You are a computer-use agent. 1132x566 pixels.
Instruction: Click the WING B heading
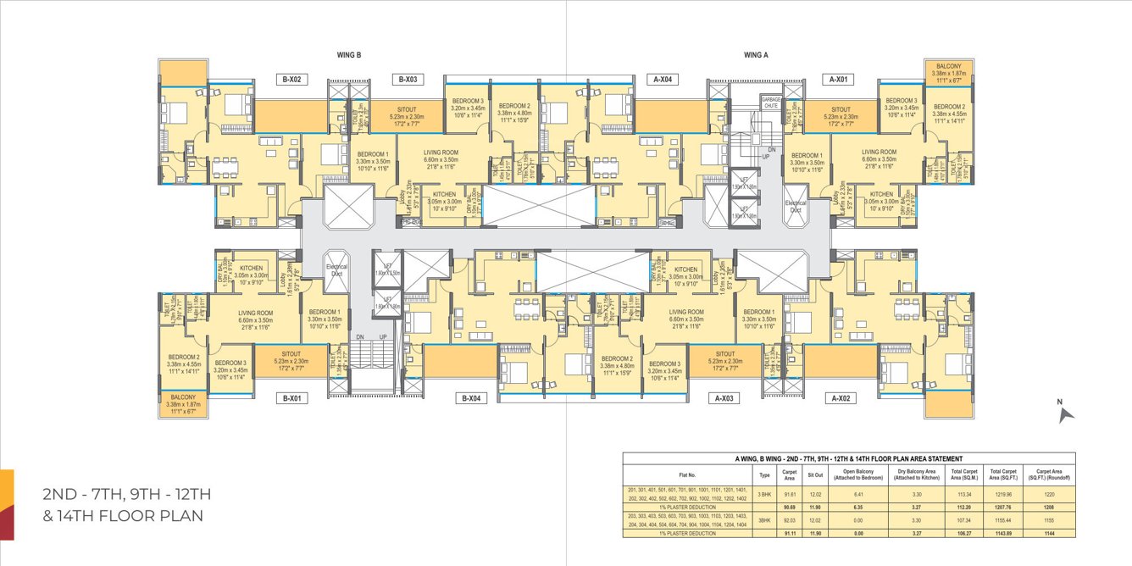pyautogui.click(x=349, y=55)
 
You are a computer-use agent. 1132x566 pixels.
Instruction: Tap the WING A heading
pyautogui.click(x=756, y=55)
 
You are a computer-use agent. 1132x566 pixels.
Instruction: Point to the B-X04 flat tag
pyautogui.click(x=472, y=397)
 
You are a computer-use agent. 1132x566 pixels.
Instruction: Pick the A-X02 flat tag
pyautogui.click(x=841, y=397)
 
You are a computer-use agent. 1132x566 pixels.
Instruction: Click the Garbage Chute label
pyautogui.click(x=770, y=102)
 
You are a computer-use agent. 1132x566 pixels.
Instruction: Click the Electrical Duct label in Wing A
pyautogui.click(x=795, y=206)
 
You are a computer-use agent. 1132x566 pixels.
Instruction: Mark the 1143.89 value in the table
pyautogui.click(x=1001, y=533)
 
